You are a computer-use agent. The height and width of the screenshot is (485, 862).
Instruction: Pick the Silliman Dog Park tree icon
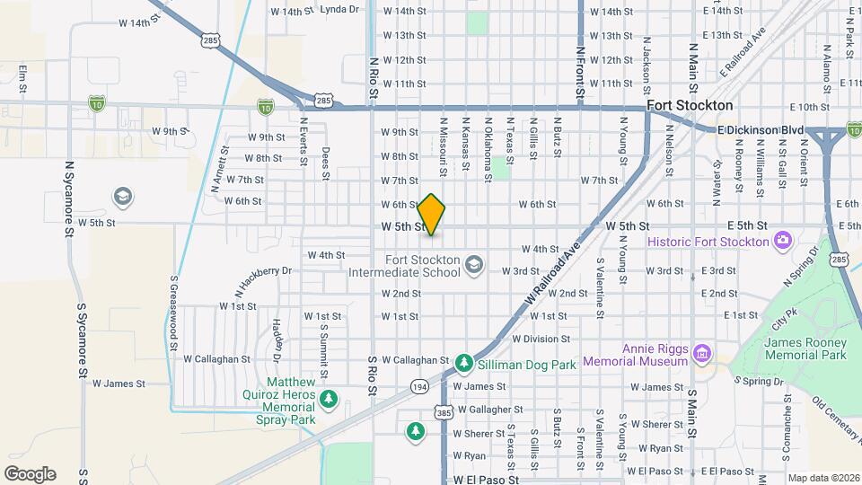pyautogui.click(x=463, y=362)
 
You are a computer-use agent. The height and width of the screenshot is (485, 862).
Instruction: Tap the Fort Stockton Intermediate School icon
pyautogui.click(x=474, y=263)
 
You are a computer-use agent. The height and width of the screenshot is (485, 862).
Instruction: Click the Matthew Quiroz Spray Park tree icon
pyautogui.click(x=330, y=398)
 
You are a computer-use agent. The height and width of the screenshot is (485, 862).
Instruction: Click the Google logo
pyautogui.click(x=30, y=473)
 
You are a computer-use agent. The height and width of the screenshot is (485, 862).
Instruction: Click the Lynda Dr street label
pyautogui.click(x=339, y=11)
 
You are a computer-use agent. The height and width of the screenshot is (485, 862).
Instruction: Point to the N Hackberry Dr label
pyautogui.click(x=263, y=278)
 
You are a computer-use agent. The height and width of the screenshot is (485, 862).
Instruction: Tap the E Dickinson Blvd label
pyautogui.click(x=761, y=130)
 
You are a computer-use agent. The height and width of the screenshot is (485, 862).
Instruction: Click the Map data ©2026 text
pyautogui.click(x=822, y=478)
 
